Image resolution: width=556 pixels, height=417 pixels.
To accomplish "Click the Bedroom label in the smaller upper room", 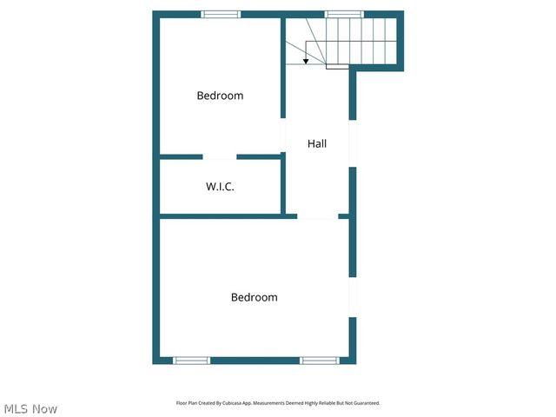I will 220,96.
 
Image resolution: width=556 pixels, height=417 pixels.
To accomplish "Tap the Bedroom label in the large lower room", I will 254,297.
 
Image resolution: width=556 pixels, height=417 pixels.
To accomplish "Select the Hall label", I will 317,143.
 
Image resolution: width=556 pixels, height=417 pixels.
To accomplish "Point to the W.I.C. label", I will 220,187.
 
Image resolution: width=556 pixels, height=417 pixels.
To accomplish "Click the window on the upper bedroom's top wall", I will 221,14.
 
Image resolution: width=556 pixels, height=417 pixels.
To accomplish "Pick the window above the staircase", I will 344,14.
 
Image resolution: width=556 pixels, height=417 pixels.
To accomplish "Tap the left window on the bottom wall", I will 191,360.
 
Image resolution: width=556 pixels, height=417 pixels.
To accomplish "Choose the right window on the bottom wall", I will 319,360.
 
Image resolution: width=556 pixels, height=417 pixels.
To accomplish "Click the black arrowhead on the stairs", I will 306,61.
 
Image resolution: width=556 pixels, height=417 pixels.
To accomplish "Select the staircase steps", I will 361,42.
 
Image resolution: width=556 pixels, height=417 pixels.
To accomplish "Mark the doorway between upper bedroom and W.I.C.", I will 220,157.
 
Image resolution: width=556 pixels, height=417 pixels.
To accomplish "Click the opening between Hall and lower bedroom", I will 318,216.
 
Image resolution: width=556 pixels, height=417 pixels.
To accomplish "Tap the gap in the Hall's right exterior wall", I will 353,142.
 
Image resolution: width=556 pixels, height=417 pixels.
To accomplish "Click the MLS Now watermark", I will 30,408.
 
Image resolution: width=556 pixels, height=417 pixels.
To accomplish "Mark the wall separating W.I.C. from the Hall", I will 283,184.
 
